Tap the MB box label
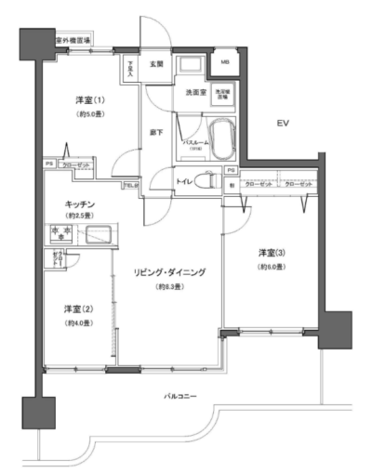tap(225, 64)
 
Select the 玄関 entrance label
tap(154, 64)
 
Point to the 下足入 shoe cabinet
tap(132, 69)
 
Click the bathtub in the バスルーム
tap(222, 140)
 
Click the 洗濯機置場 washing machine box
tap(223, 94)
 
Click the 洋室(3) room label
tap(272, 254)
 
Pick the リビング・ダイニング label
tap(168, 272)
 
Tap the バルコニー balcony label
tap(180, 397)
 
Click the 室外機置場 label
tap(73, 42)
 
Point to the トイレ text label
tap(186, 181)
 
